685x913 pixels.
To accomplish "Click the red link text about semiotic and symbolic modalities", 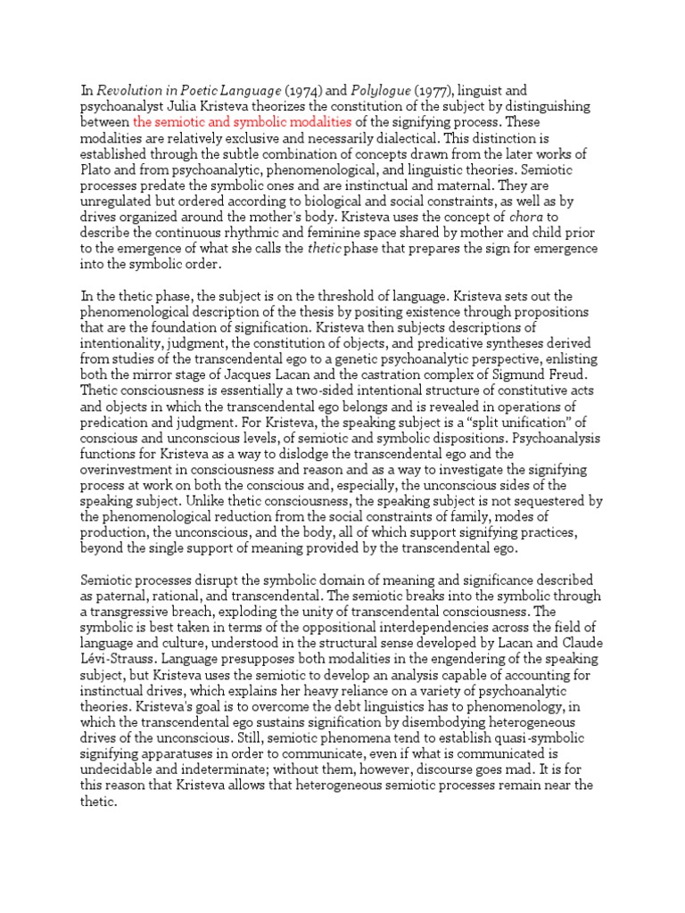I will click(242, 121).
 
